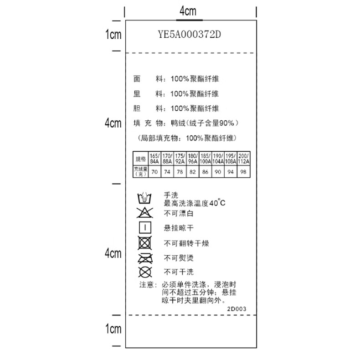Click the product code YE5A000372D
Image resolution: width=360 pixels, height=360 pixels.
pyautogui.click(x=189, y=34)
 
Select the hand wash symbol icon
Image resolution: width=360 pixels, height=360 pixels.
pyautogui.click(x=145, y=198)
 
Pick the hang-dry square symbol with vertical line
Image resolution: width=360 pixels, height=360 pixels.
pyautogui.click(x=145, y=227)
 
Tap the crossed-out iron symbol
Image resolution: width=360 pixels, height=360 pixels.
pyautogui.click(x=145, y=258)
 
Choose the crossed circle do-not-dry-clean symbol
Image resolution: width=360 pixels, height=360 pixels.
pyautogui.click(x=145, y=272)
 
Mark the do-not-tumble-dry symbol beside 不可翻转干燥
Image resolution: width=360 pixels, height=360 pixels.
pyautogui.click(x=145, y=243)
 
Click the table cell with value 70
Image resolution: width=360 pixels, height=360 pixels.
pyautogui.click(x=154, y=171)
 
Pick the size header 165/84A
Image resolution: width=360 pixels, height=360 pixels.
pyautogui.click(x=154, y=158)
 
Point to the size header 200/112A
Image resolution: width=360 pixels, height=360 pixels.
pyautogui.click(x=244, y=158)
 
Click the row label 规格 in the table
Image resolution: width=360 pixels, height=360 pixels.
pyautogui.click(x=140, y=158)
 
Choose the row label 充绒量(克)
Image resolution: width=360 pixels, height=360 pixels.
pyautogui.click(x=140, y=171)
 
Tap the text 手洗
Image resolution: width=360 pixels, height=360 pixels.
pyautogui.click(x=171, y=195)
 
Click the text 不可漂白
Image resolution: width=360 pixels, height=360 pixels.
pyautogui.click(x=179, y=212)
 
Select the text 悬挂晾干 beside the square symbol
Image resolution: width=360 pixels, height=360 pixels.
pyautogui.click(x=179, y=228)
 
